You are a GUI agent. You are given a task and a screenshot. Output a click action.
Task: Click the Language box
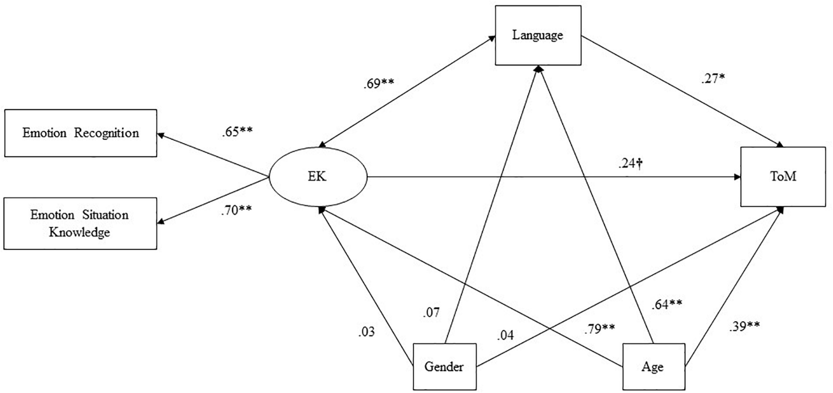[538, 35]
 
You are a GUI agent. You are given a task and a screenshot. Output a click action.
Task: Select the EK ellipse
[318, 177]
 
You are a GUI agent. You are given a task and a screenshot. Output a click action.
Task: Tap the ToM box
[783, 177]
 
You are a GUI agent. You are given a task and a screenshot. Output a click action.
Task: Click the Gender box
[444, 367]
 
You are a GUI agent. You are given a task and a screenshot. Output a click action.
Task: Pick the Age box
[653, 367]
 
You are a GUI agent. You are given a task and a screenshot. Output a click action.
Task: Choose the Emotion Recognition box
[80, 133]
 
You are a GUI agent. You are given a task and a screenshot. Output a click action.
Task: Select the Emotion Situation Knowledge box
[80, 223]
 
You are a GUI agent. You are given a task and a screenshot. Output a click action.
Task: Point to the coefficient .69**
[379, 83]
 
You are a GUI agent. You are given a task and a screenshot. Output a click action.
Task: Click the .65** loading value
[237, 132]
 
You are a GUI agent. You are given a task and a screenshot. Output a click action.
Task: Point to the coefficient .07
[431, 312]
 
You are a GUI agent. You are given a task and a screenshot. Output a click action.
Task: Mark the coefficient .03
[366, 332]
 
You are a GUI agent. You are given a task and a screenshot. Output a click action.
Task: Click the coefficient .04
[505, 335]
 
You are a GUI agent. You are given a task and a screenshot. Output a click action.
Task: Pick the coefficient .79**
[599, 329]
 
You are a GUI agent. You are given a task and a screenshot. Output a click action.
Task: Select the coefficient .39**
[744, 326]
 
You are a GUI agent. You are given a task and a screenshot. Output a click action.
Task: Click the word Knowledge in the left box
[79, 232]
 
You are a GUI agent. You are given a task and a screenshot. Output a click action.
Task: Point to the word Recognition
[106, 133]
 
